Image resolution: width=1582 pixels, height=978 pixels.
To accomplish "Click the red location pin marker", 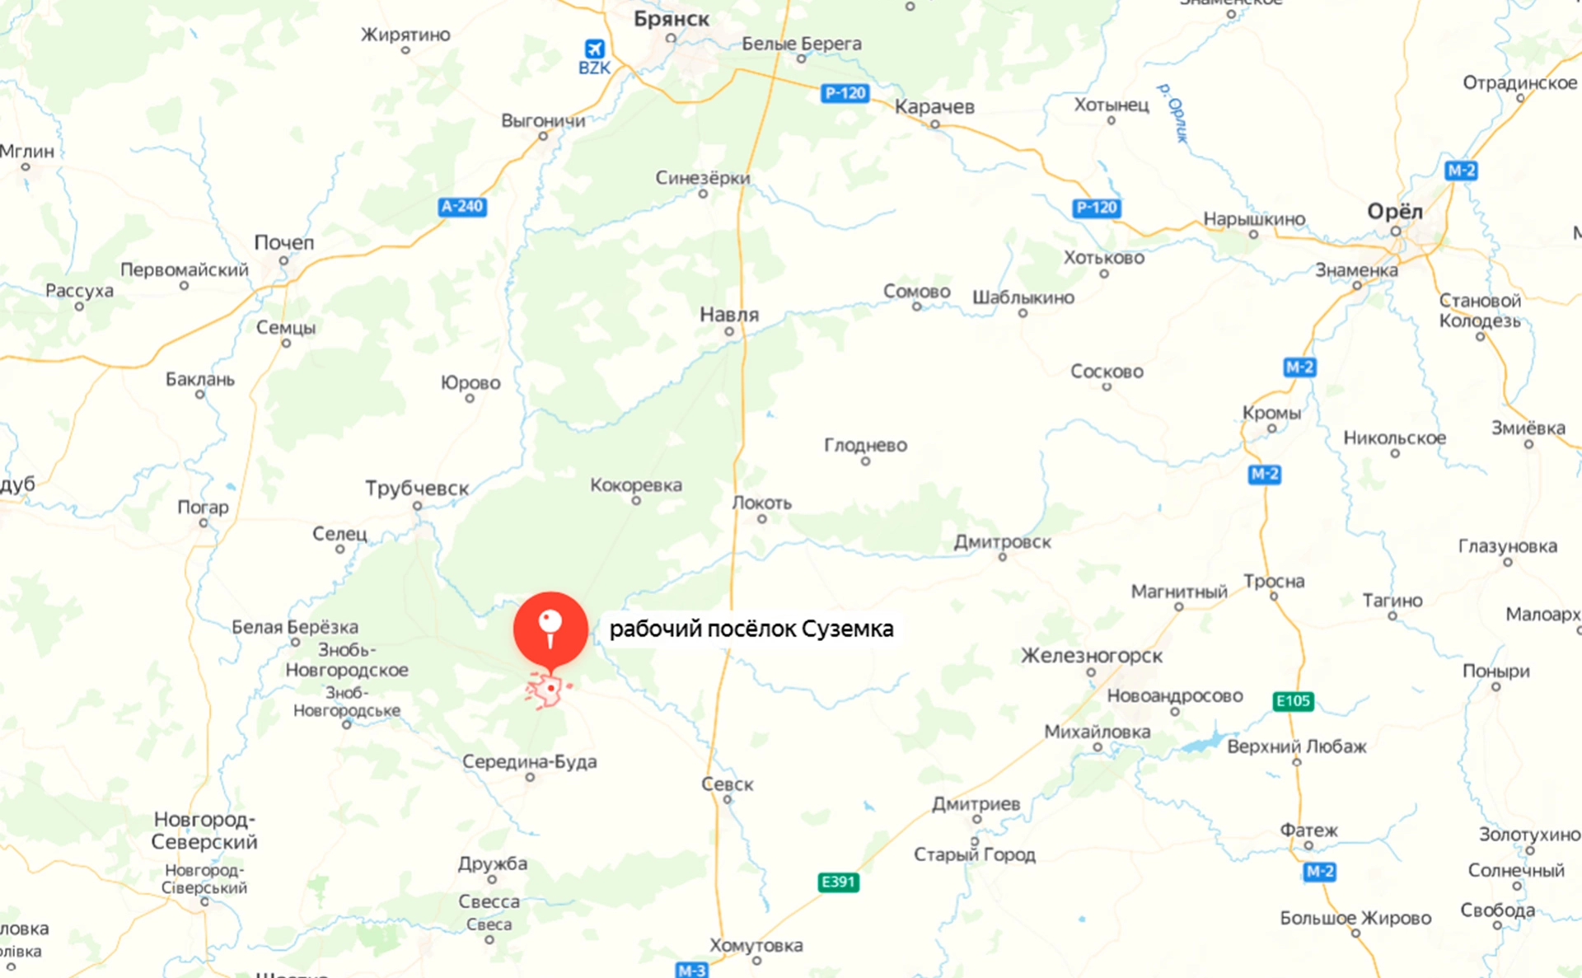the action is click(x=550, y=628).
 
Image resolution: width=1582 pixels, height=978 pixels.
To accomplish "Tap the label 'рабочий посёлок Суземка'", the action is click(x=751, y=629).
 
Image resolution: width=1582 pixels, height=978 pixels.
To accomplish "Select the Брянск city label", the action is click(x=671, y=19).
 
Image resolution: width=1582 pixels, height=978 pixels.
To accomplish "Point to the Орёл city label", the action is click(x=1394, y=212).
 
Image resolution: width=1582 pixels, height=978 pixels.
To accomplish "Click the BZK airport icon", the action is click(x=594, y=49).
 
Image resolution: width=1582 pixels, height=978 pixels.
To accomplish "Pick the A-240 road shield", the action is click(x=462, y=207).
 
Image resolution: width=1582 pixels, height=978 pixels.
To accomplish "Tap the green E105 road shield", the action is click(x=1292, y=701).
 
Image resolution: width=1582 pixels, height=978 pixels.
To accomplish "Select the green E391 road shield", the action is click(x=838, y=882).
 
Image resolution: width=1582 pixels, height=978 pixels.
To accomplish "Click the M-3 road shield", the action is click(x=691, y=970).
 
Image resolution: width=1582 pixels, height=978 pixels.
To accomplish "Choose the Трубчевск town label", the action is click(x=417, y=489).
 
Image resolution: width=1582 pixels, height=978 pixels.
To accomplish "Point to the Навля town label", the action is click(x=729, y=315).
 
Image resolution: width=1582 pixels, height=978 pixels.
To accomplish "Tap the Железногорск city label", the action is click(x=1092, y=656).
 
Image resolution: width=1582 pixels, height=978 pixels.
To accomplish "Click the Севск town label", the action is click(x=727, y=784).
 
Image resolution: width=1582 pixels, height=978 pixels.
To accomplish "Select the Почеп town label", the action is click(x=284, y=243).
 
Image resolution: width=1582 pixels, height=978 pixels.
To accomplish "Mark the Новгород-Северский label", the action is click(x=204, y=831).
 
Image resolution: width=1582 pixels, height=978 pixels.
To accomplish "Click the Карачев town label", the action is click(x=934, y=107).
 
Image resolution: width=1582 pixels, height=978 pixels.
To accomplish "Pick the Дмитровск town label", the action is click(x=1002, y=542).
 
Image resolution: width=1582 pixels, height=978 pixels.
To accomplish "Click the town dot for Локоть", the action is click(x=762, y=519).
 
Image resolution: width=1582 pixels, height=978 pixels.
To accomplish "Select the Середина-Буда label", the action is click(x=529, y=762).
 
